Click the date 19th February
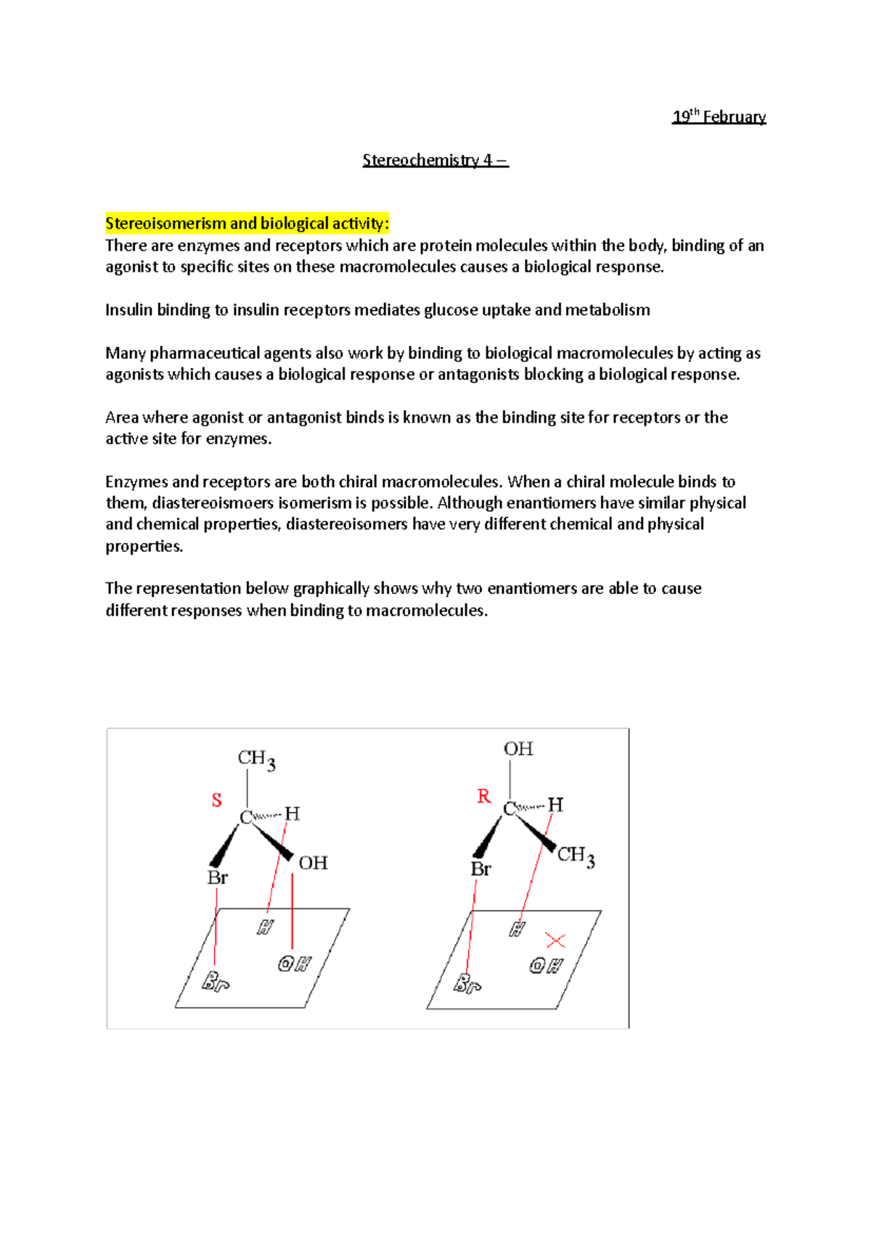pyautogui.click(x=719, y=117)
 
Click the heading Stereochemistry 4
pyautogui.click(x=435, y=160)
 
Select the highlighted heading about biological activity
pyautogui.click(x=247, y=224)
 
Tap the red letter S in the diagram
pyautogui.click(x=216, y=800)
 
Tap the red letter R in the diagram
pyautogui.click(x=483, y=797)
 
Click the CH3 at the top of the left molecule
pyautogui.click(x=256, y=760)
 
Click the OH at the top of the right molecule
pyautogui.click(x=518, y=749)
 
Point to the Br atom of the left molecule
pyautogui.click(x=218, y=877)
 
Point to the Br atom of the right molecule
pyautogui.click(x=481, y=868)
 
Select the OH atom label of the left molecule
pyautogui.click(x=314, y=863)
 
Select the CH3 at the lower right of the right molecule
pyautogui.click(x=576, y=856)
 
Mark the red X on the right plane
pyautogui.click(x=555, y=941)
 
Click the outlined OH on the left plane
pyautogui.click(x=294, y=964)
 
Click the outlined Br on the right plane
pyautogui.click(x=467, y=985)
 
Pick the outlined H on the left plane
pyautogui.click(x=265, y=927)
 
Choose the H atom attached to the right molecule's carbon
pyautogui.click(x=555, y=805)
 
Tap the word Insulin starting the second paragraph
pyautogui.click(x=128, y=310)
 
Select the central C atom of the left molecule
pyautogui.click(x=246, y=818)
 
